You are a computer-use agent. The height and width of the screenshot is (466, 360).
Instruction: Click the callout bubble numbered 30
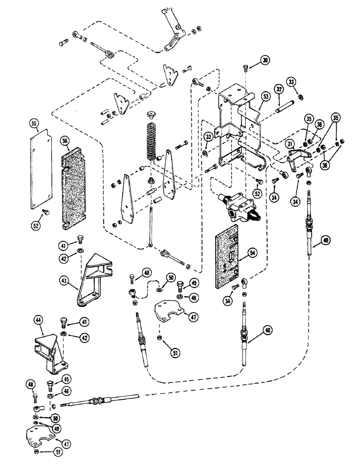(x=264, y=60)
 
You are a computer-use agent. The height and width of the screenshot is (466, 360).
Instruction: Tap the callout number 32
(x=278, y=89)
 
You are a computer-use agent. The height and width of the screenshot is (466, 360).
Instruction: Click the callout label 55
(x=33, y=124)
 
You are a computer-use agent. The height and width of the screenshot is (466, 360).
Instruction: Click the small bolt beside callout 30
(x=246, y=69)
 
